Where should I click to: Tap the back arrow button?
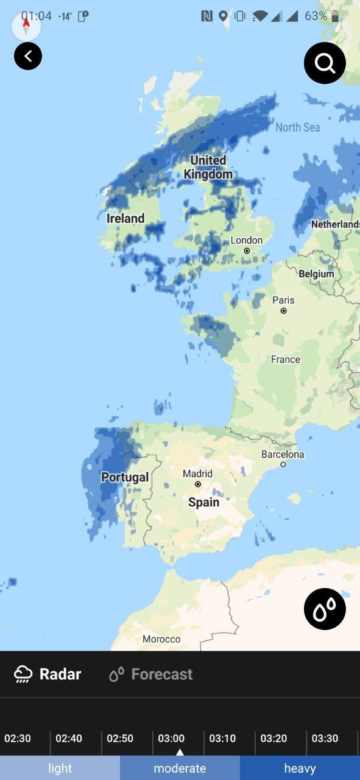(28, 57)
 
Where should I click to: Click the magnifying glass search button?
(325, 63)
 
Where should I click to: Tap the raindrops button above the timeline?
(325, 609)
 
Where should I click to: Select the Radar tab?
(48, 674)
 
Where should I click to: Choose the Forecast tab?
(150, 674)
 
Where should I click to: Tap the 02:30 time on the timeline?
(18, 738)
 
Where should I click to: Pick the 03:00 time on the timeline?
(171, 738)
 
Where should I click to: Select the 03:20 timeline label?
(274, 738)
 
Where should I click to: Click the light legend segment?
(60, 768)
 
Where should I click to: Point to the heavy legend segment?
(300, 768)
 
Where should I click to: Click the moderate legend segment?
(180, 768)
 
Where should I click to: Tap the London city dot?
(247, 250)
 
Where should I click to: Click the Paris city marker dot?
(283, 311)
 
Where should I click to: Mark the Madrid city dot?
(198, 484)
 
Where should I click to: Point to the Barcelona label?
(283, 454)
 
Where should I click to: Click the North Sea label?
(297, 127)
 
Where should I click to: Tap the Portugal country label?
(125, 477)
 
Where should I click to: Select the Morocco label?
(161, 639)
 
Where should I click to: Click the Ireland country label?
(125, 218)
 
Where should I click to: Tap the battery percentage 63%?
(316, 16)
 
